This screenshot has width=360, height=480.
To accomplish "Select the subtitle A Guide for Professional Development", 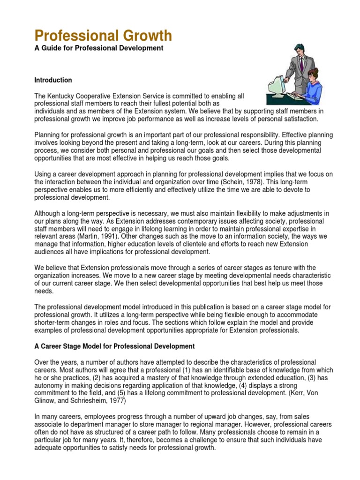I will pyautogui.click(x=99, y=49).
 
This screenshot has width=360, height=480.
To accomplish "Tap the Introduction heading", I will pyautogui.click(x=53, y=80).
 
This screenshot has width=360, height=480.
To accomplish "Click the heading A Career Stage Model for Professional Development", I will pyautogui.click(x=114, y=346).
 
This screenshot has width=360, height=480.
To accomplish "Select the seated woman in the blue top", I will pyautogui.click(x=312, y=87).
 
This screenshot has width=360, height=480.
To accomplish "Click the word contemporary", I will pyautogui.click(x=165, y=221).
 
